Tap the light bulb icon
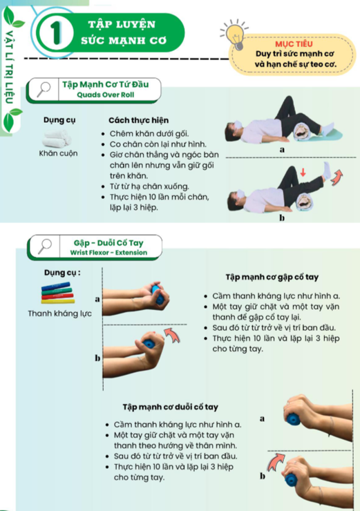pyautogui.click(x=236, y=34)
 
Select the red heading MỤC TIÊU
pyautogui.click(x=294, y=44)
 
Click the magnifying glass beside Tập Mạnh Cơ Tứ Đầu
pyautogui.click(x=43, y=89)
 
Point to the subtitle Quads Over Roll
pyautogui.click(x=106, y=95)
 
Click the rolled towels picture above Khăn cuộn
pyautogui.click(x=57, y=139)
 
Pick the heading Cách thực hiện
pyautogui.click(x=139, y=120)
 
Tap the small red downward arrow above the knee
pyautogui.click(x=303, y=172)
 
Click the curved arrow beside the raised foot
pyautogui.click(x=337, y=177)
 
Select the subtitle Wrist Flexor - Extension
pyautogui.click(x=109, y=253)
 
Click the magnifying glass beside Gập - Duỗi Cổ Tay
pyautogui.click(x=45, y=247)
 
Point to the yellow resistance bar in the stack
pyautogui.click(x=58, y=301)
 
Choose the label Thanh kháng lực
pyautogui.click(x=59, y=313)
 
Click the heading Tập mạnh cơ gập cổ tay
pyautogui.click(x=272, y=277)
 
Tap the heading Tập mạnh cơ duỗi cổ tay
pyautogui.click(x=170, y=407)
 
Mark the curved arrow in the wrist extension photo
pyautogui.click(x=275, y=462)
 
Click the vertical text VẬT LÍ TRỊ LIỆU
pyautogui.click(x=9, y=67)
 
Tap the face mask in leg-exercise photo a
pyautogui.click(x=238, y=124)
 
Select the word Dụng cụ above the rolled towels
pyautogui.click(x=59, y=120)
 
